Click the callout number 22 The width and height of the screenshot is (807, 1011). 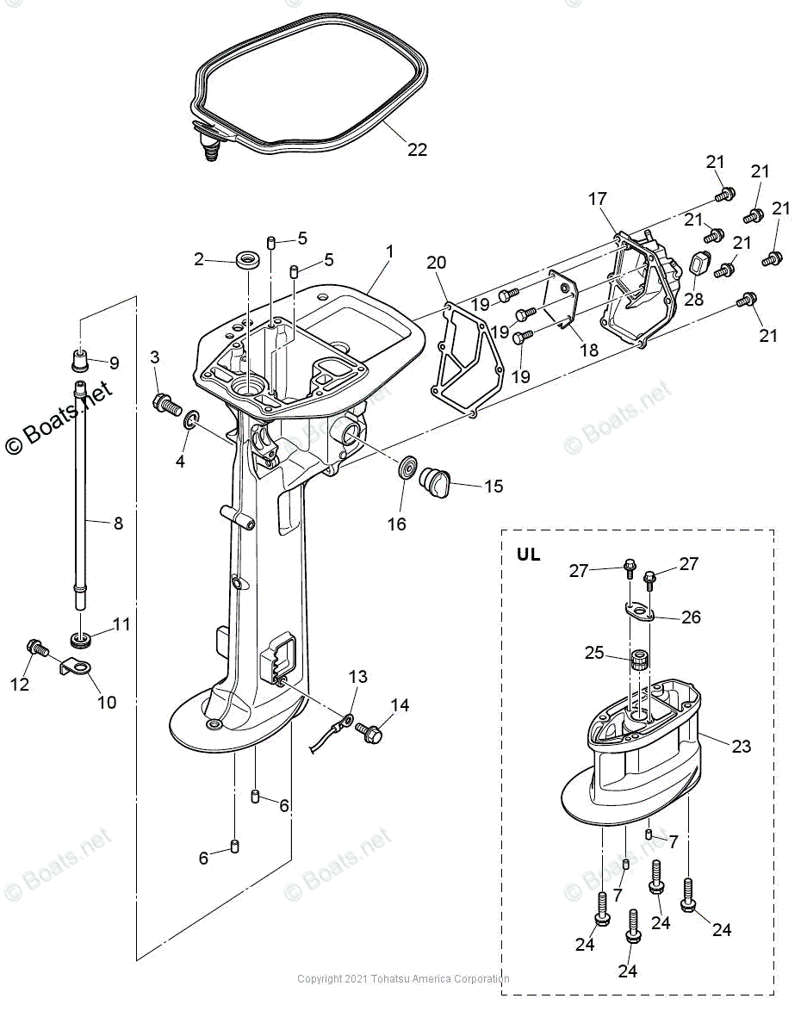(x=417, y=150)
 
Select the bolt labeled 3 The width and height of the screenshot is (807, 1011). (x=166, y=402)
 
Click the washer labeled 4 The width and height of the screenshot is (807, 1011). (x=191, y=421)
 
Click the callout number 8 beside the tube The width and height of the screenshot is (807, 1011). (x=118, y=523)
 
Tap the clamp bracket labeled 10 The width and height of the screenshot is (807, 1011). (x=76, y=667)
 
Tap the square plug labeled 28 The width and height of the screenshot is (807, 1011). (x=699, y=264)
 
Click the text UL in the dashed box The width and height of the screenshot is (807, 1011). (x=528, y=555)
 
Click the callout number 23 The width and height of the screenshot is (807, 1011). (x=742, y=747)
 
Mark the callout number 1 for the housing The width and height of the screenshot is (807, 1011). (x=389, y=251)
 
